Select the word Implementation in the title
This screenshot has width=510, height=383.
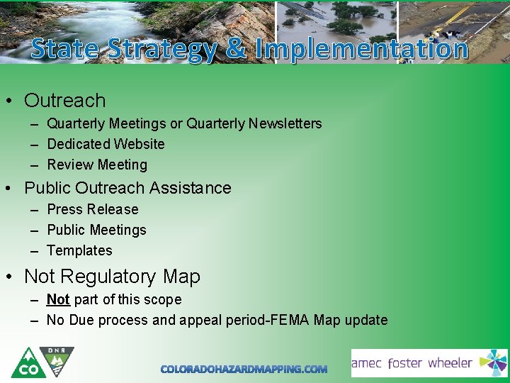(x=361, y=49)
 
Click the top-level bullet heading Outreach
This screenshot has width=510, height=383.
(x=64, y=101)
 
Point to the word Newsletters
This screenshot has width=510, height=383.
(x=288, y=124)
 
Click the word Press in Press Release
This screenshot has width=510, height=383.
(x=64, y=210)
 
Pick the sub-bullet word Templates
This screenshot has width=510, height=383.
(x=79, y=251)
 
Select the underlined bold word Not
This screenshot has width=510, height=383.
(x=58, y=300)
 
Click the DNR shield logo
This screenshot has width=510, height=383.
(x=58, y=360)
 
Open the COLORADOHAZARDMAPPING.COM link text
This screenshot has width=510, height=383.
(x=244, y=370)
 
